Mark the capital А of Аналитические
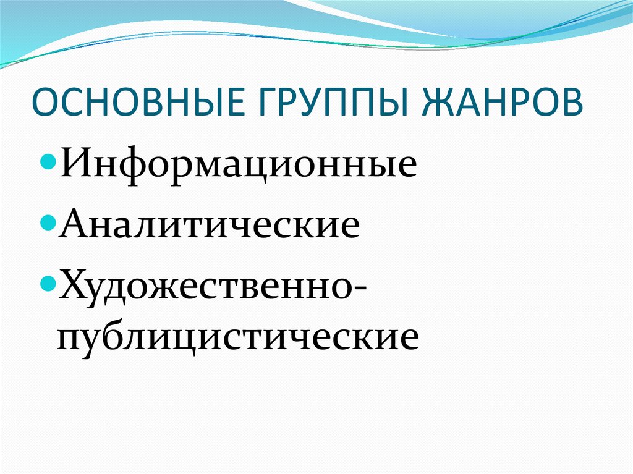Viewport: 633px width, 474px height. pos(74,222)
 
